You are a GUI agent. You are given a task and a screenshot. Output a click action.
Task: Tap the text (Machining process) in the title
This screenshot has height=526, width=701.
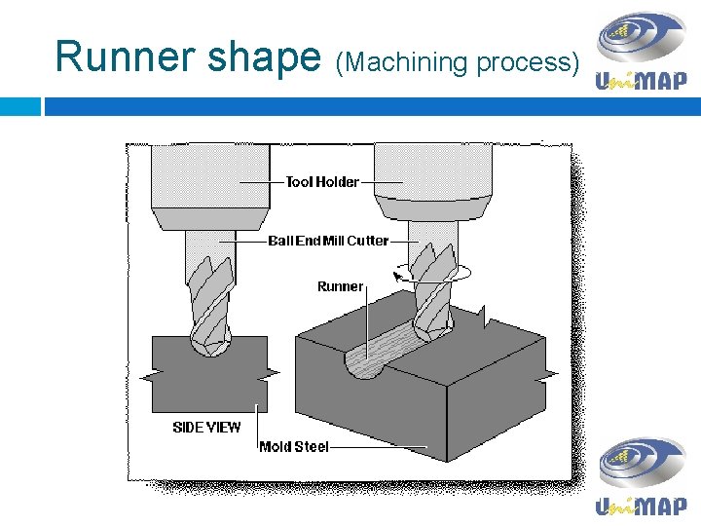click(457, 61)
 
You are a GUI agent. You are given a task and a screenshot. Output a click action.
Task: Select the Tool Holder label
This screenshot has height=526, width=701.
click(322, 181)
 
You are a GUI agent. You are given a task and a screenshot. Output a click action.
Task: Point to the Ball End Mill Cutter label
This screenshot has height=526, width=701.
click(328, 241)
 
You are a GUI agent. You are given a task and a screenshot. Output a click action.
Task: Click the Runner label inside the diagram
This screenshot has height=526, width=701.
click(340, 286)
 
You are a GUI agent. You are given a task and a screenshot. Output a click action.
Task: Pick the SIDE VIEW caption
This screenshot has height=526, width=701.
click(206, 427)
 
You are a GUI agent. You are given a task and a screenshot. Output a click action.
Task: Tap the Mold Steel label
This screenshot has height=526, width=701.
click(294, 447)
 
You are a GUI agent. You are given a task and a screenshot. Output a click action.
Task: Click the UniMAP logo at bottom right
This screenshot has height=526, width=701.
click(642, 476)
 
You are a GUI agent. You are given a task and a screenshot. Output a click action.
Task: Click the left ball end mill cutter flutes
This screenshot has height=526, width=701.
click(210, 292)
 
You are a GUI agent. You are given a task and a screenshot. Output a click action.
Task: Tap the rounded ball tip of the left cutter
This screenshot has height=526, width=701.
click(209, 341)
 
